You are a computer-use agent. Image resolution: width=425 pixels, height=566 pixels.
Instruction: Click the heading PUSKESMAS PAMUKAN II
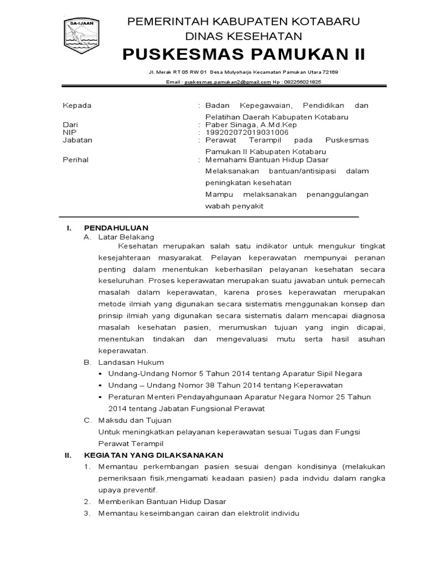tap(243, 55)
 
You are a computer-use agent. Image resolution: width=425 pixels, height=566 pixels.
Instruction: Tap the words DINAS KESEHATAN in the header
tap(243, 36)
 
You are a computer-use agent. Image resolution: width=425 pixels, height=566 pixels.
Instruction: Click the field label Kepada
tap(77, 105)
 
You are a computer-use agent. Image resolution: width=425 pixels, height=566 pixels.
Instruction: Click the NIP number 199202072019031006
tap(247, 133)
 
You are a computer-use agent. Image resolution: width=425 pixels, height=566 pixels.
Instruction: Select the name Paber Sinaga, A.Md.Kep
tap(251, 125)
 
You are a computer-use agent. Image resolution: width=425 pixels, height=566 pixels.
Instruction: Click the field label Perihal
tap(76, 160)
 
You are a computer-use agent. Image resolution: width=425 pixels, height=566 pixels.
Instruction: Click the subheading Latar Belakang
tap(126, 237)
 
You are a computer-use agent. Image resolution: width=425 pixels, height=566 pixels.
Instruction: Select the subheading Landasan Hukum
tap(131, 362)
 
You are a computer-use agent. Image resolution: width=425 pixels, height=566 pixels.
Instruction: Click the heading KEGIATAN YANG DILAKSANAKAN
tap(153, 455)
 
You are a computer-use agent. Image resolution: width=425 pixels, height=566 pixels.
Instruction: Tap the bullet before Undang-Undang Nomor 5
tap(100, 374)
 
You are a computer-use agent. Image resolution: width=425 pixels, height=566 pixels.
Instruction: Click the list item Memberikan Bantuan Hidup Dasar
tap(162, 501)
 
